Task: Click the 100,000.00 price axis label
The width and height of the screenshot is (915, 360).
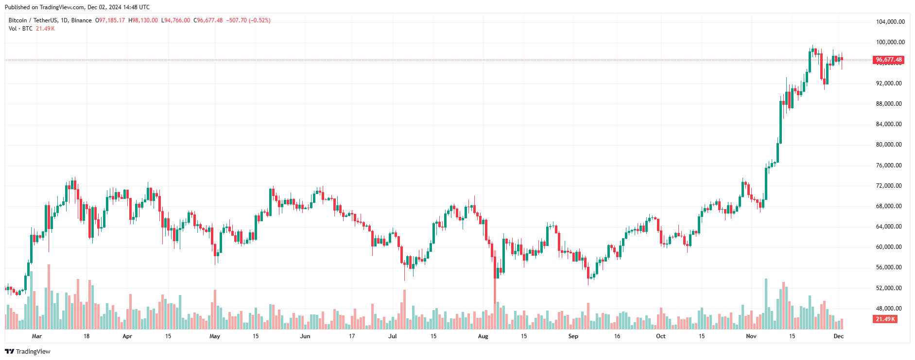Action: (890, 42)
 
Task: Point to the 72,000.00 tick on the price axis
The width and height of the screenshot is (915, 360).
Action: (888, 186)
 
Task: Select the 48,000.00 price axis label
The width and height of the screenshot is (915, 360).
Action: (888, 309)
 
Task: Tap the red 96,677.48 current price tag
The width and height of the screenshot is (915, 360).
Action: (888, 60)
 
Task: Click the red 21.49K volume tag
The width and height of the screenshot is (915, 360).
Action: (885, 319)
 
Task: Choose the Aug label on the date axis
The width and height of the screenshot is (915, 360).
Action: (483, 336)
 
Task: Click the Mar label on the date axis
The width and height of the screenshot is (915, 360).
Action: (37, 336)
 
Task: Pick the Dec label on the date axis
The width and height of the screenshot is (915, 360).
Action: (839, 336)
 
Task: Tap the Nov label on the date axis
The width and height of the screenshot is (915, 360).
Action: (751, 336)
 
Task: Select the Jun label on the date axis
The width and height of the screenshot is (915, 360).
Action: (305, 336)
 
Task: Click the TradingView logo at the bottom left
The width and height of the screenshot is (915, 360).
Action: (28, 351)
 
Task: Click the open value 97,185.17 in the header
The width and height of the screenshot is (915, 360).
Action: (112, 20)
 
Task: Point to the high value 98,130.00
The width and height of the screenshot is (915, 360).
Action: (145, 20)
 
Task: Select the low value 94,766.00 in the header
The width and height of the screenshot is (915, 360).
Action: (177, 20)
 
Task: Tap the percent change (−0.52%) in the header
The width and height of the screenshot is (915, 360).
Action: (259, 20)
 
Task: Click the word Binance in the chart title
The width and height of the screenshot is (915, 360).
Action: (81, 20)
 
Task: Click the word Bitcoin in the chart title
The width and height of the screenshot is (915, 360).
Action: (18, 20)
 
